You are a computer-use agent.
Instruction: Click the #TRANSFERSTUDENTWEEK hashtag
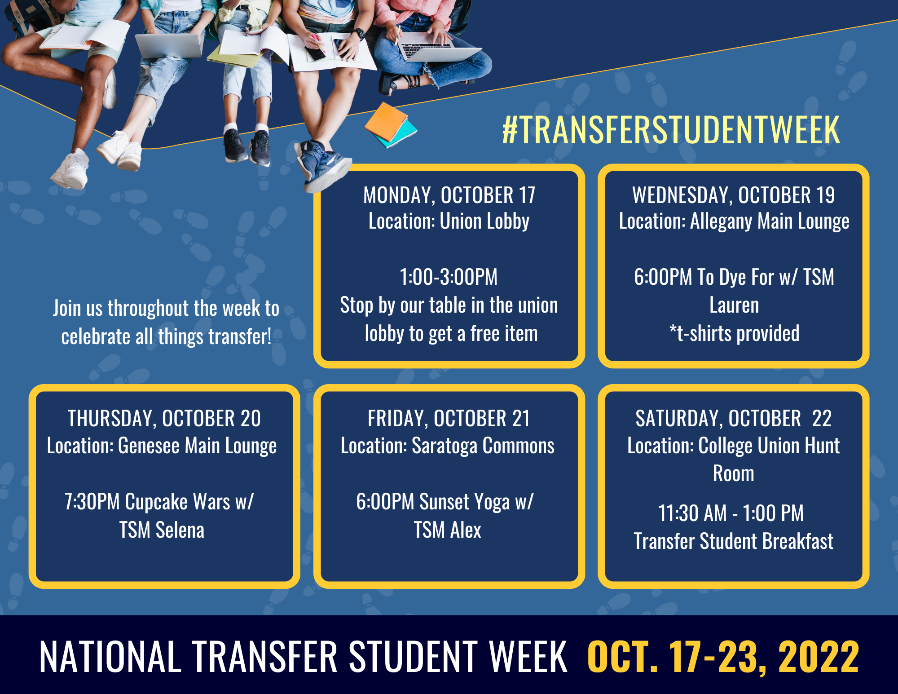pos(671,130)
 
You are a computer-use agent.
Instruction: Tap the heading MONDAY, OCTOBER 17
pos(449,195)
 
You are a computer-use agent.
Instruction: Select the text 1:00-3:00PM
pos(449,277)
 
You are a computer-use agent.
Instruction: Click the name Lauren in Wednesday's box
pos(734,305)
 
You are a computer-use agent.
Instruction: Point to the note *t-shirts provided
pos(734,333)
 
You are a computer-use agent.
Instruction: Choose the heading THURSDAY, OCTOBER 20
pos(164,419)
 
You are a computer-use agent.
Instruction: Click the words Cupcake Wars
pos(177,502)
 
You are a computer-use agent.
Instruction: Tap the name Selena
pos(180,530)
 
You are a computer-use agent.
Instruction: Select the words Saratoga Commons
pos(483,446)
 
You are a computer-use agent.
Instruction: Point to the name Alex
pos(466,530)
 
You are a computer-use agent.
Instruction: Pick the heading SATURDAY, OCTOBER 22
pos(734,419)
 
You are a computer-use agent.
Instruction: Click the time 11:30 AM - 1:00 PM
pos(731,513)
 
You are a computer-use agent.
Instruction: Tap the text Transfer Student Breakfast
pos(734,541)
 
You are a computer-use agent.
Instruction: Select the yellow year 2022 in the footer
pos(819,657)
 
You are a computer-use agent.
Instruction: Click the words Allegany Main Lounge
pos(770,221)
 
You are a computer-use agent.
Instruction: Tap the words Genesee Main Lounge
pos(198,446)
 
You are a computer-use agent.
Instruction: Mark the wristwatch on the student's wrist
pos(358,34)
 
